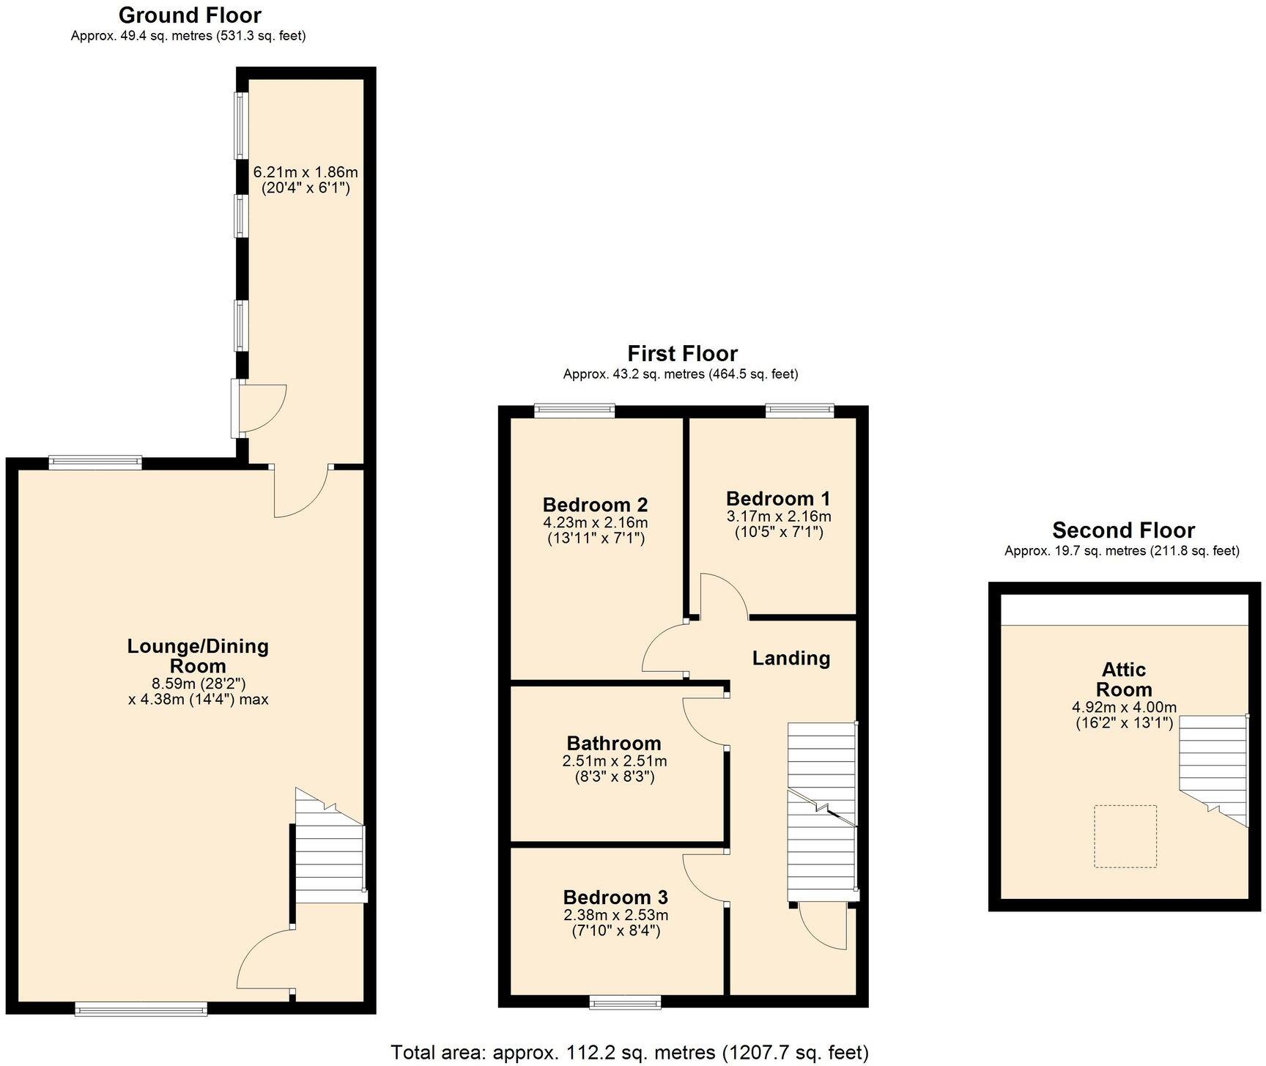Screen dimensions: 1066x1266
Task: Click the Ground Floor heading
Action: point(190,15)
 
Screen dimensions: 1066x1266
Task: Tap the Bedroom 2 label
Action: point(595,505)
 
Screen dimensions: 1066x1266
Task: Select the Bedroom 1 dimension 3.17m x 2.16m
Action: point(778,516)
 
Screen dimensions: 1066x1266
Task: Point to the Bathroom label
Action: point(613,743)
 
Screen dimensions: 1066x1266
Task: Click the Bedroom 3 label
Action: point(615,897)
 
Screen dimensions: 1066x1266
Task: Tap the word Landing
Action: point(791,658)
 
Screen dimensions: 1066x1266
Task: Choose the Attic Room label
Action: point(1124,679)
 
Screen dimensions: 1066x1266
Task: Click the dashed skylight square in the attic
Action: point(1125,836)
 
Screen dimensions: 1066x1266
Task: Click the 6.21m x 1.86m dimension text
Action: point(306,173)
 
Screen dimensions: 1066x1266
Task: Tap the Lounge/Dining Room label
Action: point(198,656)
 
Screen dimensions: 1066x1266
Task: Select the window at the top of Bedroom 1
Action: point(799,411)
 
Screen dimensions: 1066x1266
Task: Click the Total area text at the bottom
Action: point(629,1053)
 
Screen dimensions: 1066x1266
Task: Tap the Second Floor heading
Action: point(1123,530)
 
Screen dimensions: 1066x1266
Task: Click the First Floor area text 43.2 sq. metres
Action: point(680,374)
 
